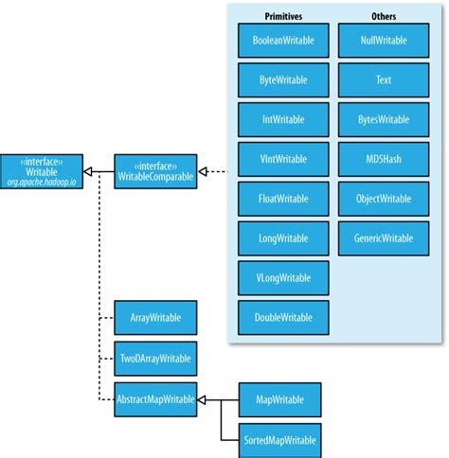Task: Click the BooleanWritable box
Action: click(283, 42)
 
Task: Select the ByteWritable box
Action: click(283, 80)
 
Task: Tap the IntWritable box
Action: click(283, 120)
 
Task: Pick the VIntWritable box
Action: click(283, 160)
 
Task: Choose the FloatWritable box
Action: click(283, 200)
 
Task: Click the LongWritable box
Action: click(283, 238)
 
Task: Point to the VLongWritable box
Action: click(283, 278)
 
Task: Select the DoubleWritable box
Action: click(283, 317)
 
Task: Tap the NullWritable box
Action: click(383, 42)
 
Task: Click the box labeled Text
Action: click(383, 80)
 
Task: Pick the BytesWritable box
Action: click(383, 120)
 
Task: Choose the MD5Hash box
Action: click(383, 160)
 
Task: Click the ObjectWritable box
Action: click(383, 200)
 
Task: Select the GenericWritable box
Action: click(383, 238)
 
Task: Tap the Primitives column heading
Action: click(283, 16)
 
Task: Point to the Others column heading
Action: click(383, 16)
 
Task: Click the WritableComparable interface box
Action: click(155, 171)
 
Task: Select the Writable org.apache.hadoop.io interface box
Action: click(42, 171)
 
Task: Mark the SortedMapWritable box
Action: click(279, 439)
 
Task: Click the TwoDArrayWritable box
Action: click(155, 358)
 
